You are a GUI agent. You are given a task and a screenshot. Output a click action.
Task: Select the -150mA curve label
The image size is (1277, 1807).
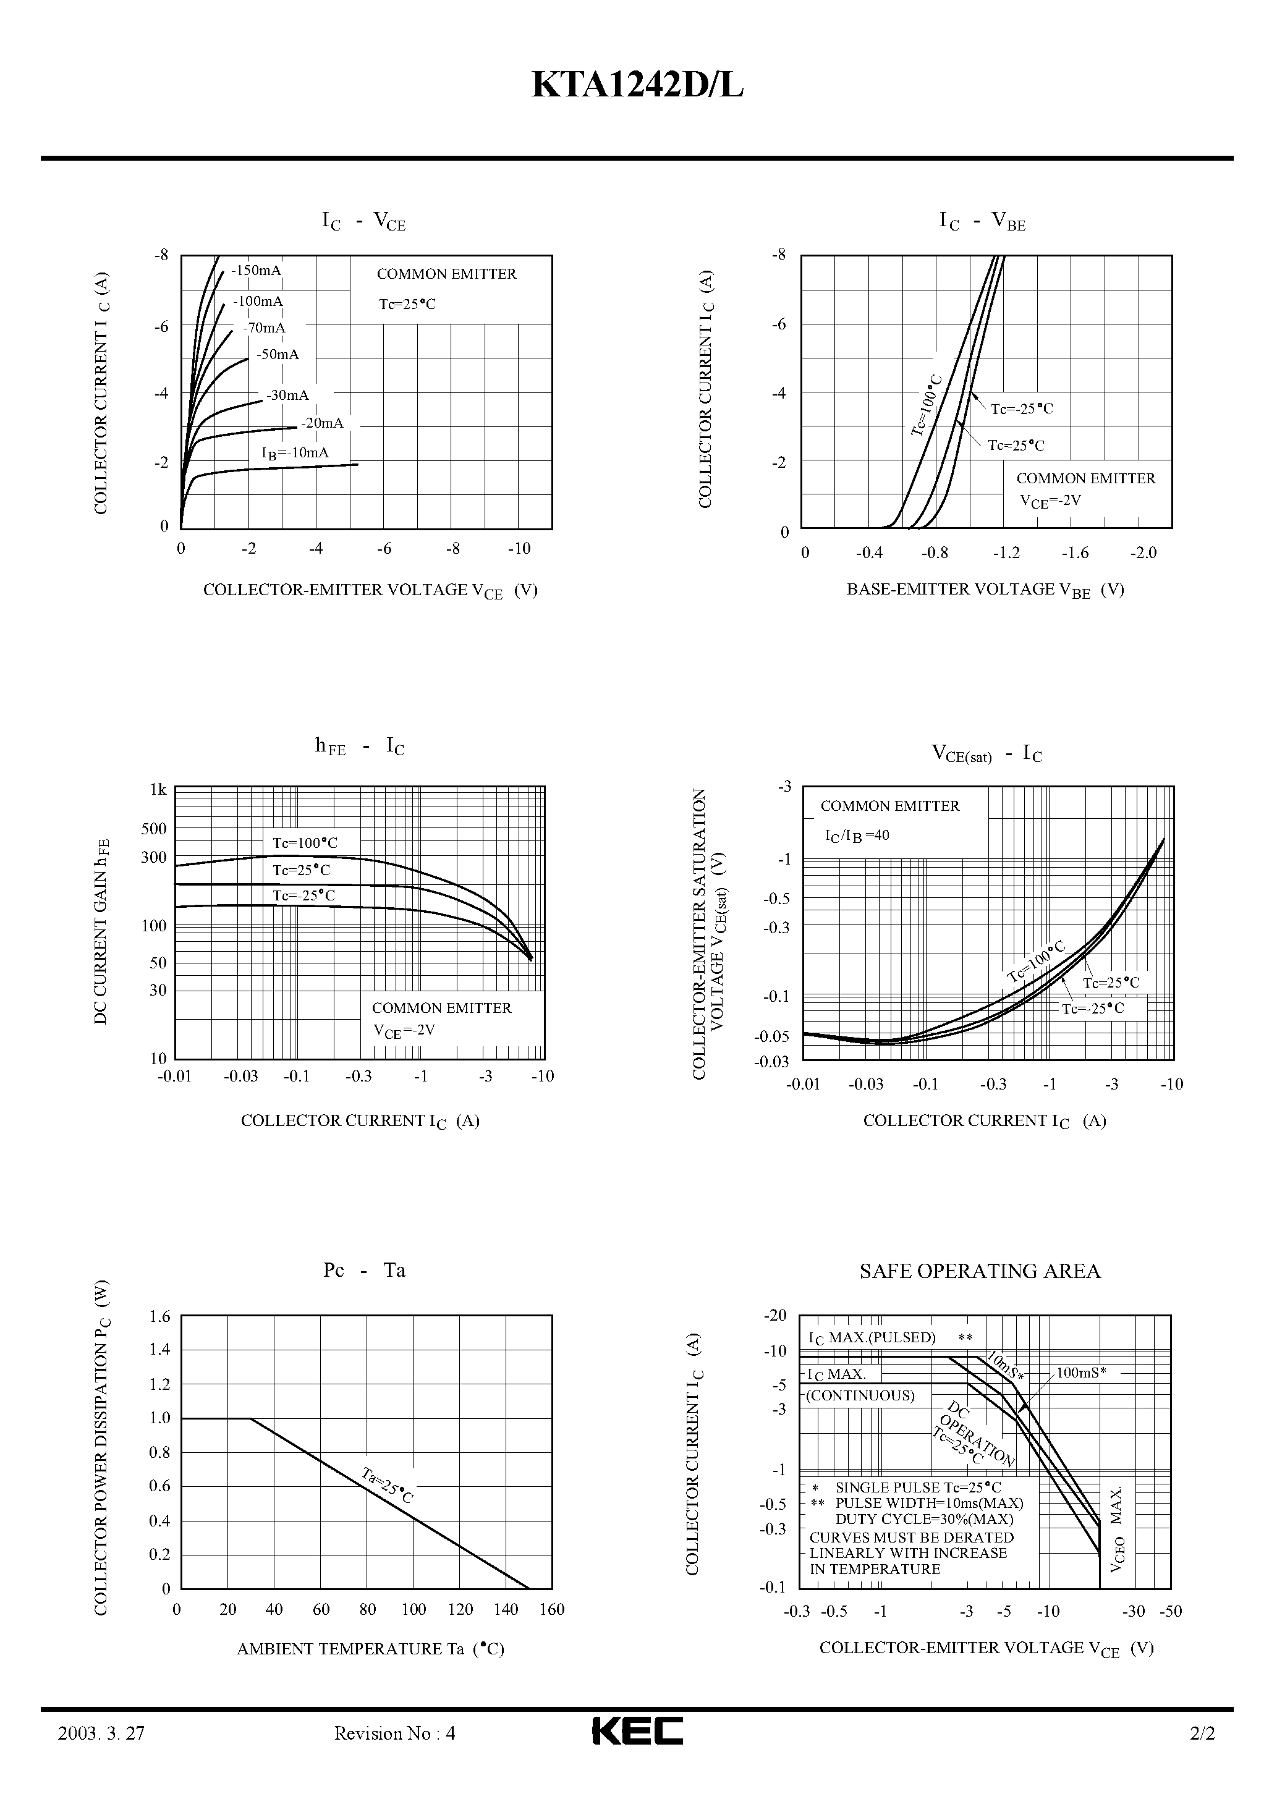coord(256,271)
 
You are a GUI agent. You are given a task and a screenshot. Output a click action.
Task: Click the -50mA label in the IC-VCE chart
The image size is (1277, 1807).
coord(277,355)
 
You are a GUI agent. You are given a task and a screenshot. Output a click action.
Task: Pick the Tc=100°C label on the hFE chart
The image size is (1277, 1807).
coord(305,843)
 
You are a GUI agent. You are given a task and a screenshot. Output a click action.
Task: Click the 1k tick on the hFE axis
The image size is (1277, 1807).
coord(158,789)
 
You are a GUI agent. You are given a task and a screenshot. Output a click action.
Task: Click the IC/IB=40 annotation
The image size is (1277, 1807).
coord(857,836)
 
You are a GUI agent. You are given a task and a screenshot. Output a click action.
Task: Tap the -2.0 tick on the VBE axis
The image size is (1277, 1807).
coord(1143,552)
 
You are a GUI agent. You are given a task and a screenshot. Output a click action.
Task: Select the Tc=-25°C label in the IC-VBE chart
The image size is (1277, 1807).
coord(1021,409)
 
